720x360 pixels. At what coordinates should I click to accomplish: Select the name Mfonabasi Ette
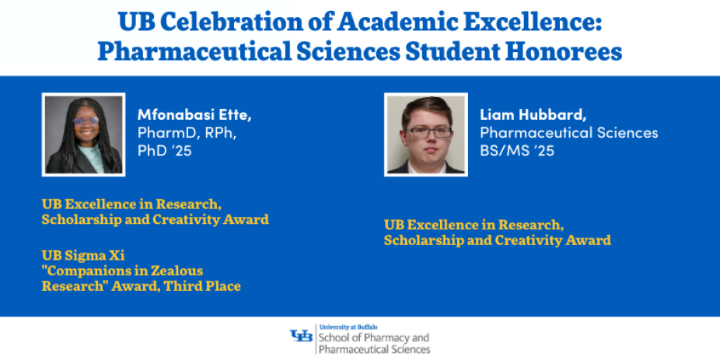pyautogui.click(x=194, y=115)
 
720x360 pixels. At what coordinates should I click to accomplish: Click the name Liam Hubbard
pyautogui.click(x=533, y=115)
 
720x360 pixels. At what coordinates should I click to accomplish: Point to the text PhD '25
pyautogui.click(x=164, y=151)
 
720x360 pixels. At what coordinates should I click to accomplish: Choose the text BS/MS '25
pyautogui.click(x=517, y=151)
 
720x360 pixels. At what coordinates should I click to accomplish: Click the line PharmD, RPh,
pyautogui.click(x=187, y=133)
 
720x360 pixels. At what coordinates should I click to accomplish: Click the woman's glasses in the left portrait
pyautogui.click(x=86, y=121)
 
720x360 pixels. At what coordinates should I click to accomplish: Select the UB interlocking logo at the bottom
pyautogui.click(x=301, y=336)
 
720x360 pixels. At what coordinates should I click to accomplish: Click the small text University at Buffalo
pyautogui.click(x=348, y=327)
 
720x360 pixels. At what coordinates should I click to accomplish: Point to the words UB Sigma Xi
pyautogui.click(x=83, y=255)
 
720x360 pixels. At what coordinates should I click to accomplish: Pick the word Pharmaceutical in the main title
pyautogui.click(x=193, y=51)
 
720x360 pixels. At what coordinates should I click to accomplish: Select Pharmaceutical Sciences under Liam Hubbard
pyautogui.click(x=569, y=133)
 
